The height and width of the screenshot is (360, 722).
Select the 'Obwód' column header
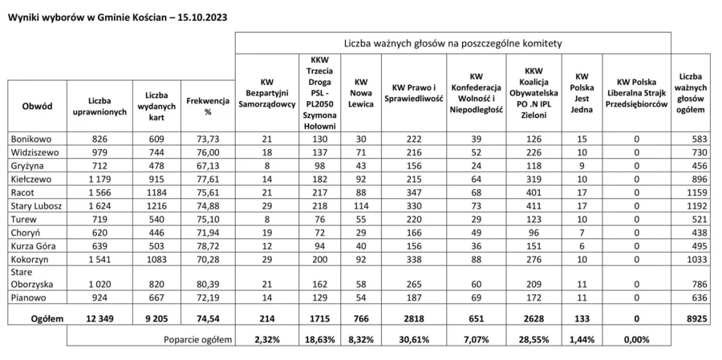pos(38,106)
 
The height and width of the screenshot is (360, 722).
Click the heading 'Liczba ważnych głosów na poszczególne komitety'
pos(452,42)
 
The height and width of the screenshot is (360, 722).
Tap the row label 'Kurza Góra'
pos(31,246)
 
